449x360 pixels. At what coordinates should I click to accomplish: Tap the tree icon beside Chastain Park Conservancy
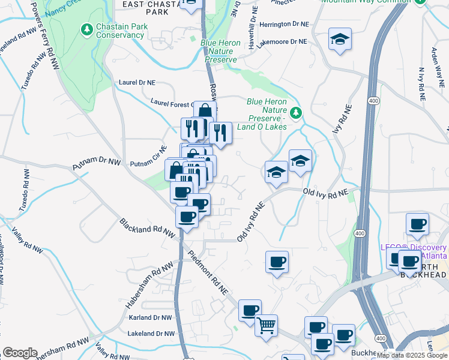point(87,28)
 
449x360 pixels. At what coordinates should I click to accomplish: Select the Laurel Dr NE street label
point(137,82)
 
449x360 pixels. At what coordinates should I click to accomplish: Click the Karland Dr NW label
point(150,317)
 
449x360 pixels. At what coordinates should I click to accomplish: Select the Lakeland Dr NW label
point(151,333)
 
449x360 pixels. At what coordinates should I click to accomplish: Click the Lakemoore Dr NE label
point(282,42)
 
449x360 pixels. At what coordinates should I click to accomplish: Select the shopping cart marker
point(266,325)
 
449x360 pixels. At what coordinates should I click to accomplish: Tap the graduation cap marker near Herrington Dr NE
point(340,40)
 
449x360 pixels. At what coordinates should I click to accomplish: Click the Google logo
point(20,353)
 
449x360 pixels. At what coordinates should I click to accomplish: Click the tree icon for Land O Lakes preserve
point(295,113)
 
